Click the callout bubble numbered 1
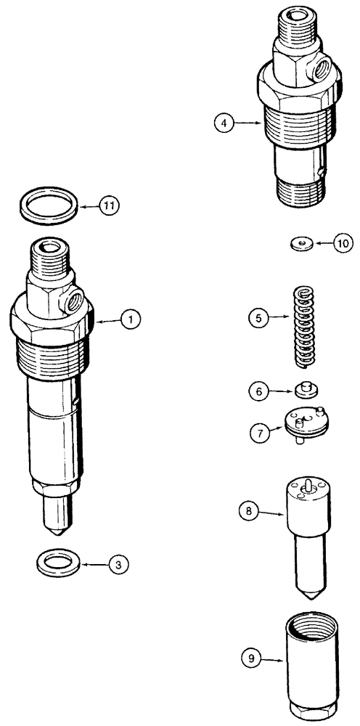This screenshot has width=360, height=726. [x=131, y=319]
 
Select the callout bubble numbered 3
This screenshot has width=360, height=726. [x=116, y=563]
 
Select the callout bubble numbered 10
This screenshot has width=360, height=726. [x=342, y=243]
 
